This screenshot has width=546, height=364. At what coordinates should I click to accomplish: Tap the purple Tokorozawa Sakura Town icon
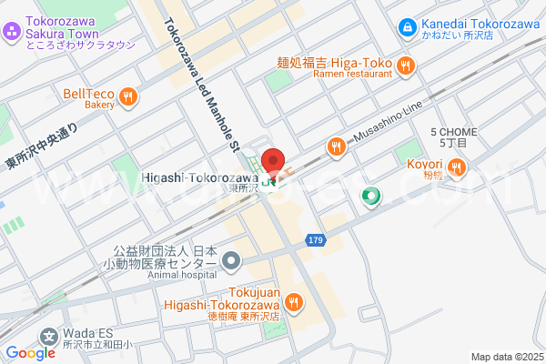[x=12, y=32]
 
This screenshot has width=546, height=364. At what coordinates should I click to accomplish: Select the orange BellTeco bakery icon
[x=128, y=94]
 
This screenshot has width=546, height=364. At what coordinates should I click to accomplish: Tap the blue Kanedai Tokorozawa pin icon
[x=407, y=28]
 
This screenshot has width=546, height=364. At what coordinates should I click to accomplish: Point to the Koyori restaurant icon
[x=455, y=167]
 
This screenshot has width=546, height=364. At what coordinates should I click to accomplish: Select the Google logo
[x=30, y=353]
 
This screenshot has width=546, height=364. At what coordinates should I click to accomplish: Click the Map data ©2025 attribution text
[x=506, y=357]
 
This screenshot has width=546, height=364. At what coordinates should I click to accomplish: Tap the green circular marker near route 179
[x=370, y=196]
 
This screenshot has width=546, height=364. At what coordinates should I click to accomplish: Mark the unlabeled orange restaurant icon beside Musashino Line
[x=337, y=145]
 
